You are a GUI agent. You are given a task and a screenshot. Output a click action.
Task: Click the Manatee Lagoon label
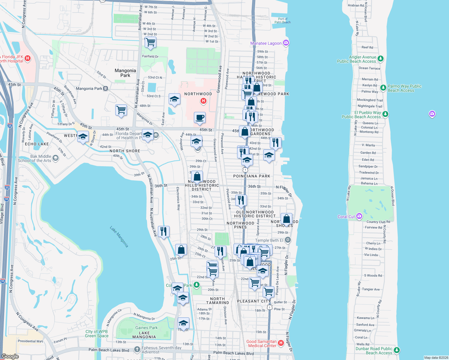click(266, 43)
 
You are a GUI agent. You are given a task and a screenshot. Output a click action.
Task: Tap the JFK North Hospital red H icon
click(28, 58)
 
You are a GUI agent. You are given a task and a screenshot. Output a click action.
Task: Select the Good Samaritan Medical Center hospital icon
click(281, 343)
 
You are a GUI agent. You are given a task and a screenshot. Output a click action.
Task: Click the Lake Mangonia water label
click(119, 237)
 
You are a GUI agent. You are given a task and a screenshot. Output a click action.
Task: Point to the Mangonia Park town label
click(125, 73)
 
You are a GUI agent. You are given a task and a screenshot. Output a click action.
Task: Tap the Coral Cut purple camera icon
click(359, 216)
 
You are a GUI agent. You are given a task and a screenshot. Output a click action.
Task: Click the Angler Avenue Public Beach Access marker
click(381, 58)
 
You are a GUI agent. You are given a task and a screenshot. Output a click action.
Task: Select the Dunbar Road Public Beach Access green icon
click(397, 350)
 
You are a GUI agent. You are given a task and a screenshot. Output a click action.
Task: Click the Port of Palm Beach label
click(282, 20)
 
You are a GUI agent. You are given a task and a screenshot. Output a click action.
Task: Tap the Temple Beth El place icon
click(288, 240)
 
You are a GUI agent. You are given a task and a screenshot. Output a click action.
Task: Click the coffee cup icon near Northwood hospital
click(200, 118)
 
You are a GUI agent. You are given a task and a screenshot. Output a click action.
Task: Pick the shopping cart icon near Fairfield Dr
click(150, 42)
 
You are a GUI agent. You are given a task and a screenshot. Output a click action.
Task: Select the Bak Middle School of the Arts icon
click(55, 158)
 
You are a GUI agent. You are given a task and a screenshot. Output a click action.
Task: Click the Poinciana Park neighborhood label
click(252, 176)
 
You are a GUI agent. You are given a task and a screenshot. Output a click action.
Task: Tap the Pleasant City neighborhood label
click(254, 301)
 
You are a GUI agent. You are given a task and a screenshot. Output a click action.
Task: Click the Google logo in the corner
click(10, 356)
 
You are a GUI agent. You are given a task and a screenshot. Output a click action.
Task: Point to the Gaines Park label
click(146, 328)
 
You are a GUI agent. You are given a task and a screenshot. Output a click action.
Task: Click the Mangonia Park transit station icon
click(105, 88)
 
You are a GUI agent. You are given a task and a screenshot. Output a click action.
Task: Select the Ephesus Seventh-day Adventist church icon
click(137, 349)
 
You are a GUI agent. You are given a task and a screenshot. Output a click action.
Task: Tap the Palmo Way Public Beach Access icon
click(383, 88)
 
